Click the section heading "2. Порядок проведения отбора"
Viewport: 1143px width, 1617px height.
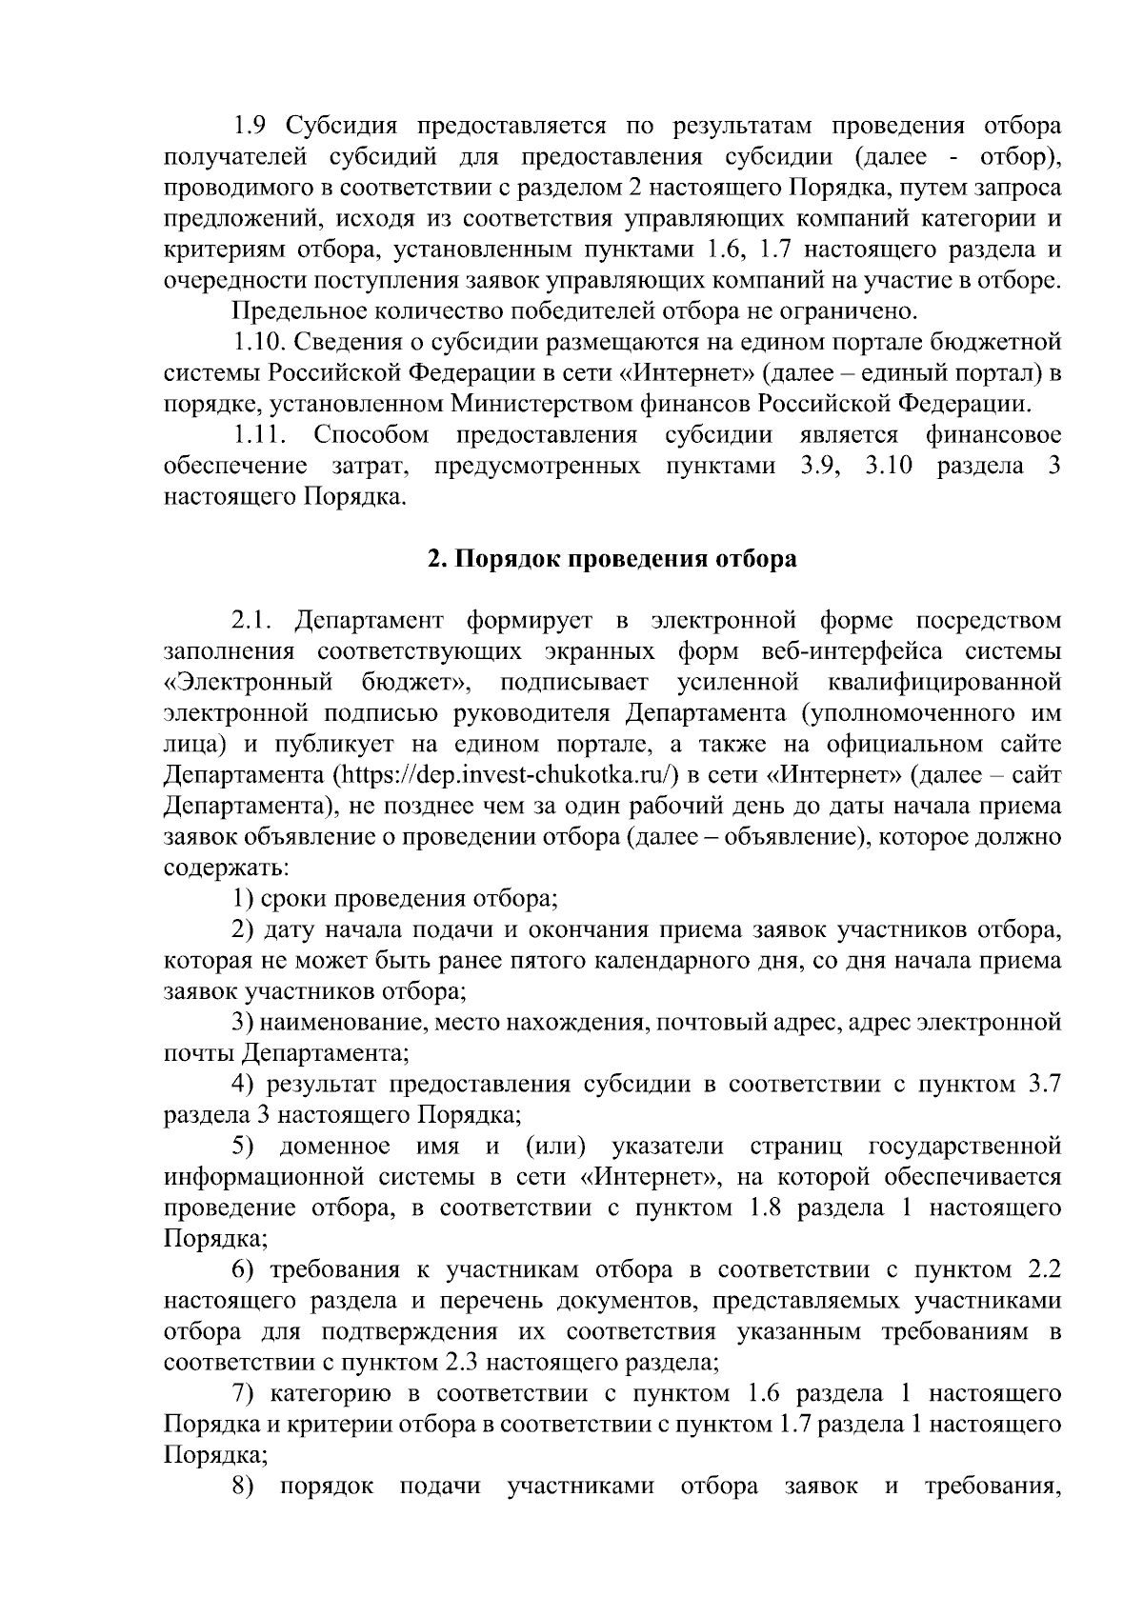click(612, 559)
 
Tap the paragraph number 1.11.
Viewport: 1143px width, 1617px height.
click(260, 435)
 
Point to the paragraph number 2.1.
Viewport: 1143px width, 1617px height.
click(253, 622)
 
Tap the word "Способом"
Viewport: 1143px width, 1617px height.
click(371, 435)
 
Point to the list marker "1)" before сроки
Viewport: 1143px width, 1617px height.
click(244, 898)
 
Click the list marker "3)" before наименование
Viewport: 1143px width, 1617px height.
click(245, 1023)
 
